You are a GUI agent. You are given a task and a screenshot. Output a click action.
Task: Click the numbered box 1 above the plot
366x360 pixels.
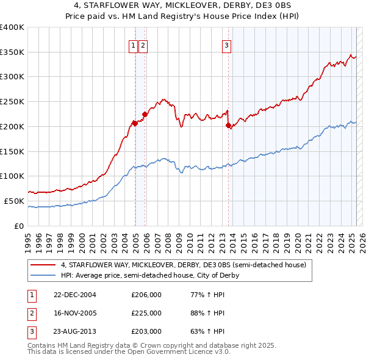(x=132, y=45)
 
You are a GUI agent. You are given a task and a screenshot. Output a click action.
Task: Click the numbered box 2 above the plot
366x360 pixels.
(x=142, y=45)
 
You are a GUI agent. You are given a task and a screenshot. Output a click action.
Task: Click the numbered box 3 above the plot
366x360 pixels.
(x=226, y=45)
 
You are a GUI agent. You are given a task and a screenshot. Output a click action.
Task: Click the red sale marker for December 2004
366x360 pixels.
(x=135, y=123)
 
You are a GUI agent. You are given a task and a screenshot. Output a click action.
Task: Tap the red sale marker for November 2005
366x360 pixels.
(x=145, y=113)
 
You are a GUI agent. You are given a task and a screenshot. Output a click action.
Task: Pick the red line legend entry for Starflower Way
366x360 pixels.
(x=187, y=265)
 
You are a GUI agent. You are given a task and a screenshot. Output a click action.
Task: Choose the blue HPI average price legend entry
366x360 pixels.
(x=149, y=275)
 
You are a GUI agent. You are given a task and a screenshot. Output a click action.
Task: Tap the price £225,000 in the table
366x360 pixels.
(x=146, y=313)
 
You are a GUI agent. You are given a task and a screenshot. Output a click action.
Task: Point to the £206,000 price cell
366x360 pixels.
(x=146, y=295)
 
